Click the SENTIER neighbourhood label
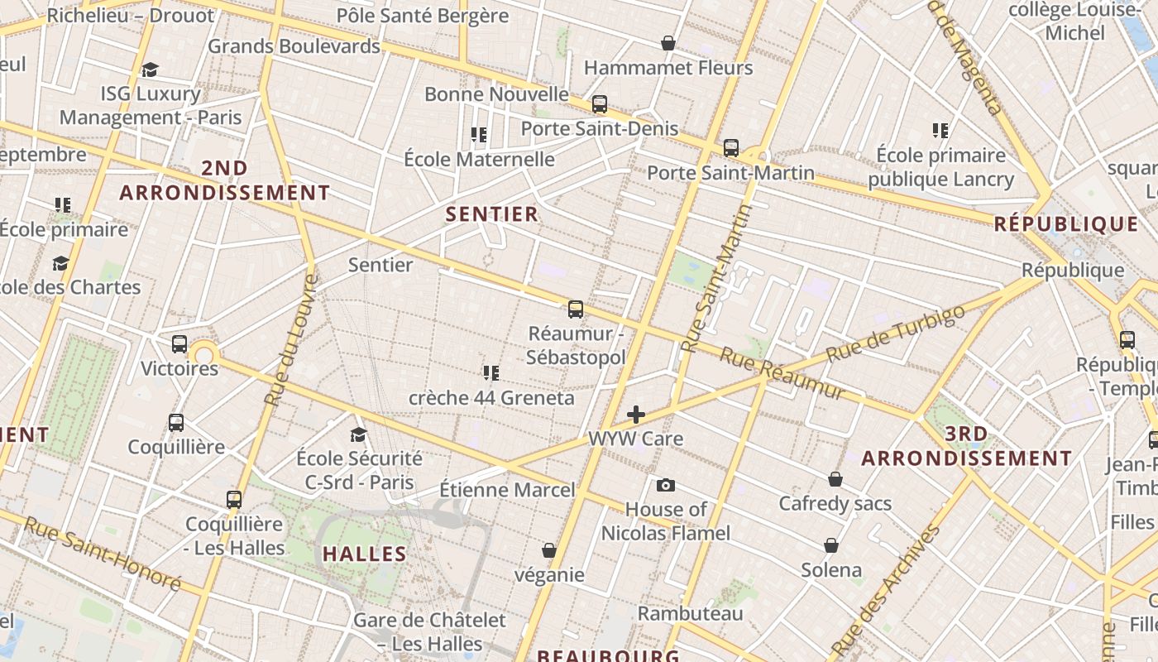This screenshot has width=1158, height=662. pyautogui.click(x=492, y=214)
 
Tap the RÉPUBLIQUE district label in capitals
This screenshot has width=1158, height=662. pyautogui.click(x=1065, y=224)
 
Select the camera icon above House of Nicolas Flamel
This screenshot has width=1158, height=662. pyautogui.click(x=666, y=485)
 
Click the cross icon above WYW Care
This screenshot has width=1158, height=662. pyautogui.click(x=635, y=415)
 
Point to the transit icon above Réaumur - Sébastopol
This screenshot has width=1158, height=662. pyautogui.click(x=576, y=309)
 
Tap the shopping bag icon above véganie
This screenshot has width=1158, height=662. pyautogui.click(x=548, y=550)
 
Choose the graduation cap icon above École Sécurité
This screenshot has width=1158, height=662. pyautogui.click(x=358, y=434)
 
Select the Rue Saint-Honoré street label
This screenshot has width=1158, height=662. pyautogui.click(x=103, y=554)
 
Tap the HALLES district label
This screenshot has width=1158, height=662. pyautogui.click(x=364, y=554)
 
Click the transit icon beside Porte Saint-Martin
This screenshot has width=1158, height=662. pyautogui.click(x=731, y=148)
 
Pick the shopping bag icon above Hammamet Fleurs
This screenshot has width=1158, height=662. pyautogui.click(x=668, y=43)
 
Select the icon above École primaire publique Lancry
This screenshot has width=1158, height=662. pyautogui.click(x=940, y=130)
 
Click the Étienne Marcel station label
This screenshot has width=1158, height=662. pyautogui.click(x=506, y=490)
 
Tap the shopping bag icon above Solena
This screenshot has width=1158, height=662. pyautogui.click(x=831, y=545)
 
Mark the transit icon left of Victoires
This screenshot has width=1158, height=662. pyautogui.click(x=179, y=344)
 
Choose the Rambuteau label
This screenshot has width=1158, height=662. pyautogui.click(x=690, y=613)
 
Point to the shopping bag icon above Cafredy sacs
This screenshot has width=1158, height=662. pyautogui.click(x=835, y=479)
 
